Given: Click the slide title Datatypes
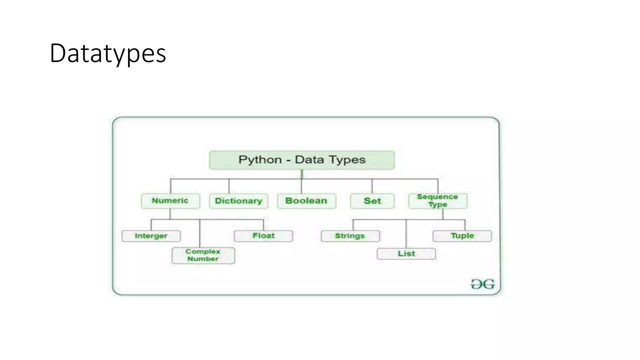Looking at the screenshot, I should (x=108, y=53).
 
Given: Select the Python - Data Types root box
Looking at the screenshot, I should (x=302, y=160).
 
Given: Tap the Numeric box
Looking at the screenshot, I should (x=170, y=201).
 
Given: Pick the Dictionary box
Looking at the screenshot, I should (x=238, y=201).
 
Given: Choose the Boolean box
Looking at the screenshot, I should (x=307, y=201).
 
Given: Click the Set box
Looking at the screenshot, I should (x=372, y=201).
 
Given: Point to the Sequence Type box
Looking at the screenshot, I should (x=438, y=201).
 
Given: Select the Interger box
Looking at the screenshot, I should (x=151, y=236).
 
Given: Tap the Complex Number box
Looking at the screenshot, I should (x=203, y=255).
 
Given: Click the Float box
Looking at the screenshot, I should (x=263, y=236).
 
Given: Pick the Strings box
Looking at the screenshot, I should (x=350, y=236).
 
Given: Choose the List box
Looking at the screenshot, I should (x=406, y=254).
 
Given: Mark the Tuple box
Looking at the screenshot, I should (x=462, y=236).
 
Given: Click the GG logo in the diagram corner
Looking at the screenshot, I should (x=483, y=284).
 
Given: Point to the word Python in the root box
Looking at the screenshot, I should (x=260, y=160).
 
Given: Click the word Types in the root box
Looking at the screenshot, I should (x=347, y=160).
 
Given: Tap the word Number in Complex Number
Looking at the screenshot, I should (x=203, y=259).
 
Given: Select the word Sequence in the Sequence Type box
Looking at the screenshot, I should (x=437, y=197).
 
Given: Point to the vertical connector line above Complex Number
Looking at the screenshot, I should (x=200, y=233).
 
